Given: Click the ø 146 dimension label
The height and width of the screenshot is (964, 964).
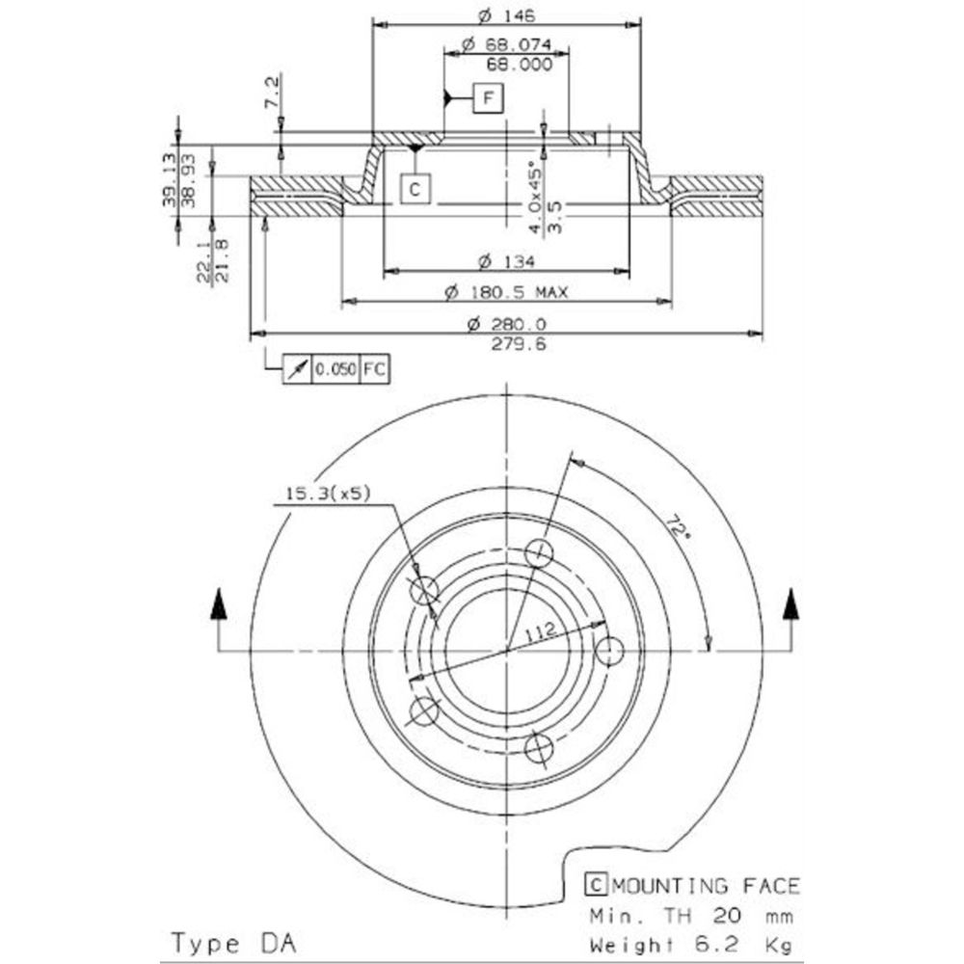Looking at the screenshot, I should coord(506,14).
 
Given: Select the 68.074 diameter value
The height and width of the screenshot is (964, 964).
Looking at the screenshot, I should coord(505,44).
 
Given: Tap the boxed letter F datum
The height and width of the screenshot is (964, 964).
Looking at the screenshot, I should coord(489,97).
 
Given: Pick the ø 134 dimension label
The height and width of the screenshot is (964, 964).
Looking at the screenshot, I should coord(506,261).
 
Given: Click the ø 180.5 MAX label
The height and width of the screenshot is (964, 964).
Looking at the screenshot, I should coord(506,292).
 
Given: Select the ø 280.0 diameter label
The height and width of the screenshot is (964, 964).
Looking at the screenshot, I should coord(506,324).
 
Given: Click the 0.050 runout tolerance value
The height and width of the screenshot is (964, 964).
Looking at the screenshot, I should coord(336,368).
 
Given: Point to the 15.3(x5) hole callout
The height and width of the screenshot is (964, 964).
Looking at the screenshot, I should coord(327,495).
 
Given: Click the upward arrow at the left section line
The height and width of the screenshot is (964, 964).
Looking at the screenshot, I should coord(219,606).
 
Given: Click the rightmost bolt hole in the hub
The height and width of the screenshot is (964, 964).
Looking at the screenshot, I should coord(609,651).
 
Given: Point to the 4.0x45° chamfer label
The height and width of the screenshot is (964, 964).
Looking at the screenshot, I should coord(533,197).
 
